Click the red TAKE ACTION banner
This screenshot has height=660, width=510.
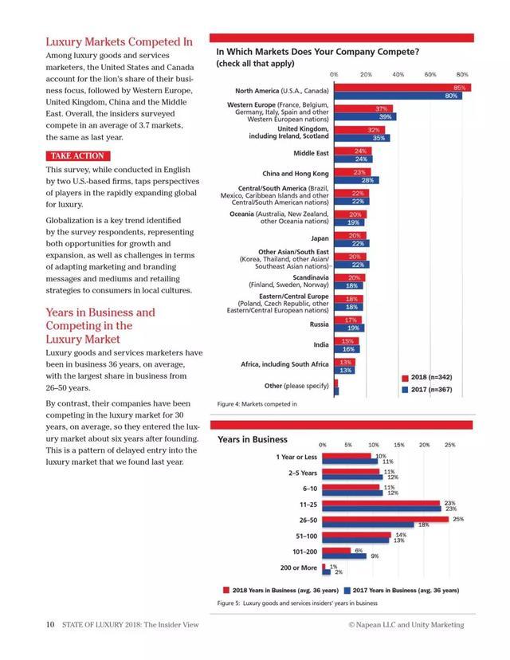77,156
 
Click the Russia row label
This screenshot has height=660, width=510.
319,324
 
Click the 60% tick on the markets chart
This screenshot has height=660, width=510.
430,74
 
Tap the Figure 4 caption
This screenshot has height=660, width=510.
257,404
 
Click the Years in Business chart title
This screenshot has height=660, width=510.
253,439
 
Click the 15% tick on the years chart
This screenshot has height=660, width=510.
398,445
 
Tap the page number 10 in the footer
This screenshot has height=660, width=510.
49,625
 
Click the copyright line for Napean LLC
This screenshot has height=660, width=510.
406,625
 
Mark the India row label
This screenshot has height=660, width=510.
320,344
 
